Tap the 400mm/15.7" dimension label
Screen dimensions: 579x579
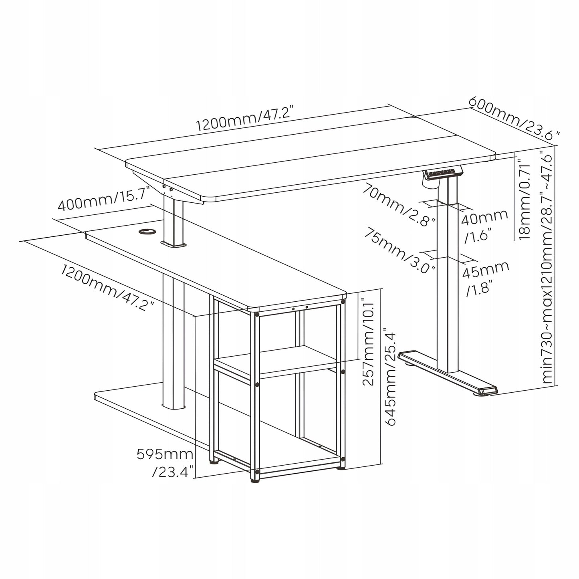point(104,199)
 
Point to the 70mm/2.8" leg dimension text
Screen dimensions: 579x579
point(399,204)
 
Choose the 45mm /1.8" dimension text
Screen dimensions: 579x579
point(485,278)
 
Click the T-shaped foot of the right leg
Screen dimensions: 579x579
point(447,373)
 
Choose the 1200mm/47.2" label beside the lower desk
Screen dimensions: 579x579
point(107,287)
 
